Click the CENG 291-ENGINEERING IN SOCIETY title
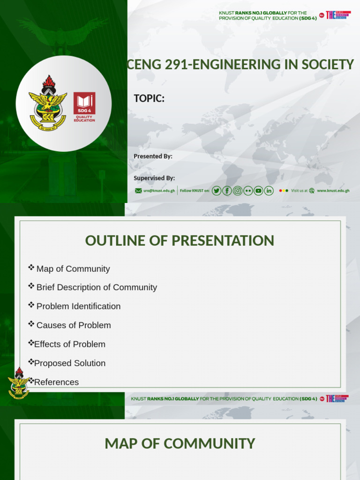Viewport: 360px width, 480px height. (240, 65)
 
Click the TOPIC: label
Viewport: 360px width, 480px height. (149, 98)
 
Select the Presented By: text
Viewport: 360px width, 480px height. (153, 156)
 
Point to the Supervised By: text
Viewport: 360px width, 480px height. (154, 178)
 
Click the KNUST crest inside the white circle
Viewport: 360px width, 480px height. (48, 103)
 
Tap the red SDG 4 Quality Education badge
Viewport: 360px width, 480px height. (84, 106)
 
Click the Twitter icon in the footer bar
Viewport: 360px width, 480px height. (216, 191)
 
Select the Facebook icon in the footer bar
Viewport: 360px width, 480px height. (227, 191)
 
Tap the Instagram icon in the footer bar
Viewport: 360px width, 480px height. (238, 191)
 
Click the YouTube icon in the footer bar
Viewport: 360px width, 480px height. (258, 191)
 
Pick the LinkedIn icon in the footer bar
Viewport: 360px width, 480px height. (269, 191)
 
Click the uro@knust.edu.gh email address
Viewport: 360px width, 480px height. (159, 191)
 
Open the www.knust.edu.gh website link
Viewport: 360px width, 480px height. (333, 191)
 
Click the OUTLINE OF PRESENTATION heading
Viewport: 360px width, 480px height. (180, 240)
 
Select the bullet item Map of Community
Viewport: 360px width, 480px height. (73, 269)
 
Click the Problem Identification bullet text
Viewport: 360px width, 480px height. (78, 307)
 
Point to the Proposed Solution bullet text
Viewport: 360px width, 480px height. (70, 363)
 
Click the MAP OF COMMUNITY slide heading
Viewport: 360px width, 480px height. (180, 443)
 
